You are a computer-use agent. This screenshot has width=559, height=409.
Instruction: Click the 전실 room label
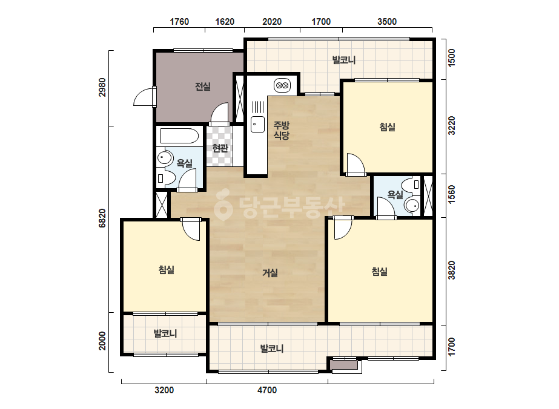[202, 87]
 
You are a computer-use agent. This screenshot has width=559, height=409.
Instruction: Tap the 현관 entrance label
[220, 148]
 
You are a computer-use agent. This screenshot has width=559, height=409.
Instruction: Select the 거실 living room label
[270, 273]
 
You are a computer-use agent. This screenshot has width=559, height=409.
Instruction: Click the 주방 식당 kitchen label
[281, 130]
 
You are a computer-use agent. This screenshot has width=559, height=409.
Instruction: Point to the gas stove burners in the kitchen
[282, 85]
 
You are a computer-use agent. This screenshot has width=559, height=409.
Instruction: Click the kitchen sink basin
[257, 124]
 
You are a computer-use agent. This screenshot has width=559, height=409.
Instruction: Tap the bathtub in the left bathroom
[179, 136]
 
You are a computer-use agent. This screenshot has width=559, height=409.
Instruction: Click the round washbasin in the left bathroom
[164, 157]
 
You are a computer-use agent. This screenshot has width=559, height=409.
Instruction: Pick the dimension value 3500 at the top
[387, 22]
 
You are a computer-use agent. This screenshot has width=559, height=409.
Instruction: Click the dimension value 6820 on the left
[102, 218]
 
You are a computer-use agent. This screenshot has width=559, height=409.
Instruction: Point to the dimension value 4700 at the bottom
[267, 390]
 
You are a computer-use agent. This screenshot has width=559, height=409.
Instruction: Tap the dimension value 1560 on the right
[452, 195]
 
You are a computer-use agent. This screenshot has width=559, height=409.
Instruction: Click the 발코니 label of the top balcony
[344, 60]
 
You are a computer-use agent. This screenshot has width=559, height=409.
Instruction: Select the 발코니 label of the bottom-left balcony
[165, 333]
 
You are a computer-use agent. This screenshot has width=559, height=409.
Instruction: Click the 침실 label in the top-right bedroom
[387, 127]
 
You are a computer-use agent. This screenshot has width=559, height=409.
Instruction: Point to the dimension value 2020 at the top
[272, 22]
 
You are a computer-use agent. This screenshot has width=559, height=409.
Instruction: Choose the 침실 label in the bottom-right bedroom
[379, 272]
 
